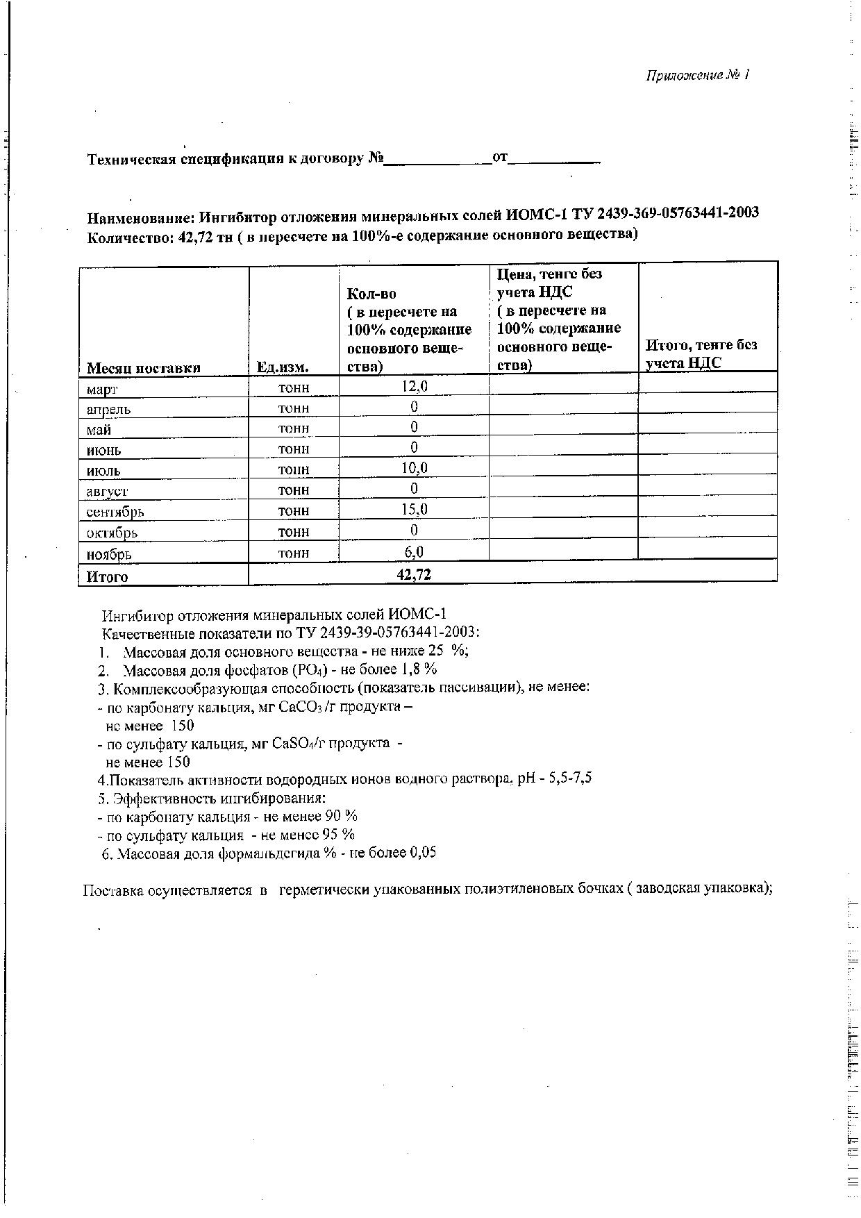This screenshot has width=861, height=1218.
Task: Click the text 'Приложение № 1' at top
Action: (698, 76)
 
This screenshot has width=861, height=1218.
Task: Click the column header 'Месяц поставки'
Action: (144, 368)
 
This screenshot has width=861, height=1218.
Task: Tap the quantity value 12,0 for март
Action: (414, 385)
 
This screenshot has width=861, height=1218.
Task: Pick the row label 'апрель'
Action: (108, 409)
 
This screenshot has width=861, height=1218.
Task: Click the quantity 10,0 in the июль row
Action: (414, 468)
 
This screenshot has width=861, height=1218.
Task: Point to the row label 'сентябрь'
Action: (115, 512)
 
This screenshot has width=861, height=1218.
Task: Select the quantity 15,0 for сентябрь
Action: (414, 510)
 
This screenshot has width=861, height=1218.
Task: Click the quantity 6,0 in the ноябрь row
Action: (414, 551)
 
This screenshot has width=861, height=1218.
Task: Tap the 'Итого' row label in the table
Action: (107, 576)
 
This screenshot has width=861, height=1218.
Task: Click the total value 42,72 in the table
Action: (414, 574)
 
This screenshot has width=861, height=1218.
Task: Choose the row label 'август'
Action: (107, 492)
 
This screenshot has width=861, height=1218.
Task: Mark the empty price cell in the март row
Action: (563, 384)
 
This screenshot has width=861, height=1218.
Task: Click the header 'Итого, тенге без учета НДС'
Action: (701, 353)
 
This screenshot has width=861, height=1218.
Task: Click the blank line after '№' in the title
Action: (438, 160)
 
